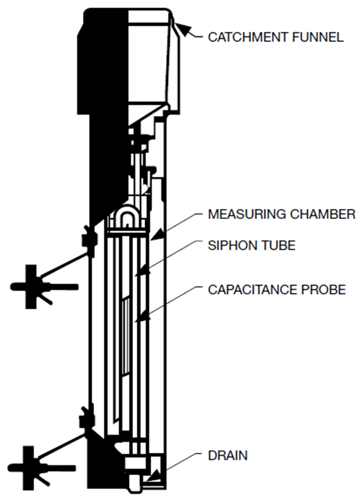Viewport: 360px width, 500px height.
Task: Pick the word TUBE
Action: click(278, 245)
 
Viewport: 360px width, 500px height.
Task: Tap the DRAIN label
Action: click(228, 455)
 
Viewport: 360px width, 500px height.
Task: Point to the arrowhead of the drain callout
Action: click(153, 476)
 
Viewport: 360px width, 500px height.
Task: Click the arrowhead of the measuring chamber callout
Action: click(157, 235)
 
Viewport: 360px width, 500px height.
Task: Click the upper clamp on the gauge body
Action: click(88, 238)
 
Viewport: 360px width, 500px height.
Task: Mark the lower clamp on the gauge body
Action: click(87, 418)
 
